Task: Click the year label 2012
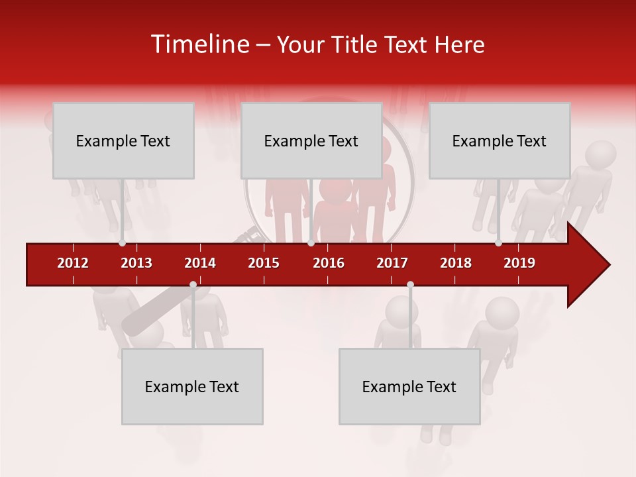click(73, 263)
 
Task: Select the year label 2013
click(136, 263)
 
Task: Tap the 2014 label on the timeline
click(200, 263)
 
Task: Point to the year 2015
click(264, 263)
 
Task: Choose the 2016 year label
click(329, 263)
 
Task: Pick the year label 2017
click(392, 263)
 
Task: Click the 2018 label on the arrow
click(456, 263)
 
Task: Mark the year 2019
click(519, 263)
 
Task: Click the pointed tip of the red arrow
click(608, 265)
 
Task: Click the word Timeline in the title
click(199, 44)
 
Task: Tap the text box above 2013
click(123, 140)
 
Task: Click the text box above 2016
click(311, 140)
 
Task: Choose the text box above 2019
click(500, 140)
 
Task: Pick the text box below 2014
click(192, 386)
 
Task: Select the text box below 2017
click(409, 386)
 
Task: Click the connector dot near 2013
click(123, 243)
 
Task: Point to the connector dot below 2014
click(193, 285)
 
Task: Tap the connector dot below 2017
click(410, 285)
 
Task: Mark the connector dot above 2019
click(499, 243)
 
